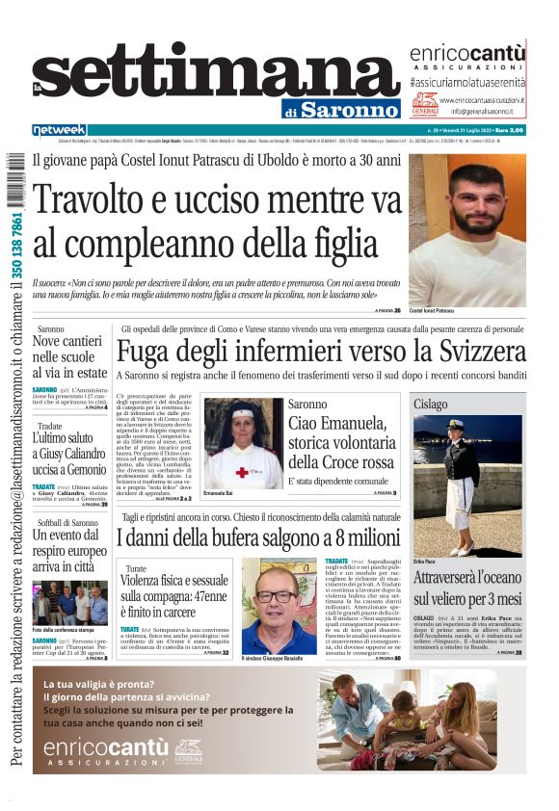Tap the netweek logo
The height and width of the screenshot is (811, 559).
pyautogui.click(x=59, y=130)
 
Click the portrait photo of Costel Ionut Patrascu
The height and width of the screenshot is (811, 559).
pyautogui.click(x=466, y=230)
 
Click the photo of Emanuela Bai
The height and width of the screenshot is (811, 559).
pyautogui.click(x=243, y=443)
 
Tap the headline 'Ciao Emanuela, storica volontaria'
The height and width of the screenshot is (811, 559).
pyautogui.click(x=341, y=434)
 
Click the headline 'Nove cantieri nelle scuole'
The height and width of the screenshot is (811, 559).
pyautogui.click(x=69, y=356)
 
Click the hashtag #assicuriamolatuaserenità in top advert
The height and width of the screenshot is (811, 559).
pyautogui.click(x=466, y=83)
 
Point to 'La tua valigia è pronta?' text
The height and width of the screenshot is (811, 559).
pyautogui.click(x=99, y=685)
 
